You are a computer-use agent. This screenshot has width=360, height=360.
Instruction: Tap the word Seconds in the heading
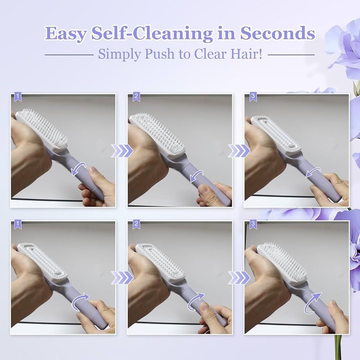tap(278, 33)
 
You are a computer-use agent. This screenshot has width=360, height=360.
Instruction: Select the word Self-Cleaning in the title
tap(152, 33)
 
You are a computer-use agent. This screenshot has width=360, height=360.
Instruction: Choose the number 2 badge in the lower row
tap(136, 225)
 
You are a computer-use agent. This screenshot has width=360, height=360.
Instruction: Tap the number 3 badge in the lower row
tap(253, 225)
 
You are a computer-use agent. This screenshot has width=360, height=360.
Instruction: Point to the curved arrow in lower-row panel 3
tap(312, 302)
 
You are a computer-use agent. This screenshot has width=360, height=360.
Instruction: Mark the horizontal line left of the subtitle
tap(69, 55)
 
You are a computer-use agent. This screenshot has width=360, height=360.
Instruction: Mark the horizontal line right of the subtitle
tap(291, 55)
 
